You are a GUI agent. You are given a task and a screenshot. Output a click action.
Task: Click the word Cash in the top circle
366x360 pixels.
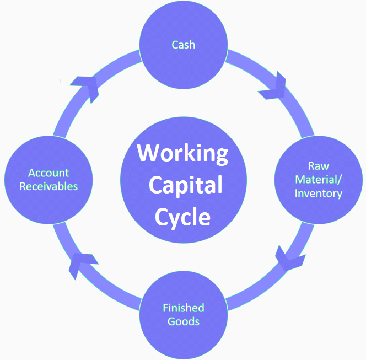[x=183, y=44]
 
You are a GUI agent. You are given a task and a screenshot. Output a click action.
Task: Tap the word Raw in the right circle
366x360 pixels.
[x=319, y=165]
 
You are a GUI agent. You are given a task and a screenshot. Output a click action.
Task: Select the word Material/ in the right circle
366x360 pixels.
[x=318, y=179]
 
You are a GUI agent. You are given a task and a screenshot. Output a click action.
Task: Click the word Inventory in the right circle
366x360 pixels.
[x=318, y=193]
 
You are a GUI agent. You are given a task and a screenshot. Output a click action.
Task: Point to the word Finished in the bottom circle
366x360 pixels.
[x=183, y=308]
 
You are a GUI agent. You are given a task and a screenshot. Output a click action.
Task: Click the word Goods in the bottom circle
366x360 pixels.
[x=183, y=321]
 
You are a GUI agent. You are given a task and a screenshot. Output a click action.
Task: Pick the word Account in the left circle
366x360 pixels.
[x=49, y=173]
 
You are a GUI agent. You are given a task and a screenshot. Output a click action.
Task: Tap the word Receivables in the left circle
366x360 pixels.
[x=49, y=186]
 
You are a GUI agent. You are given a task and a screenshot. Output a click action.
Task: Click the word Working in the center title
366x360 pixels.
[x=182, y=153]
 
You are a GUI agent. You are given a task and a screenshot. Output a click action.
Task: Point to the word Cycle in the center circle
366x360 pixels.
[x=182, y=216]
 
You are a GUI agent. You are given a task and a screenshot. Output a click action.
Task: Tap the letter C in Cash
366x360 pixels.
[x=175, y=44]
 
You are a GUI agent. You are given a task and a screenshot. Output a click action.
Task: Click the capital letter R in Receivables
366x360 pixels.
[x=23, y=186]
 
